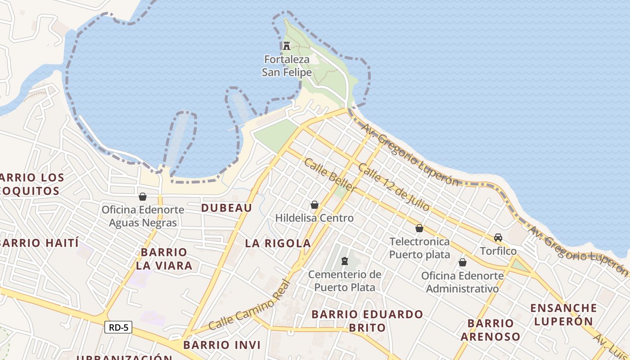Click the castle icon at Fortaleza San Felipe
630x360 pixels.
click(287, 45)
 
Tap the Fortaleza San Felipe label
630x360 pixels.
click(287, 66)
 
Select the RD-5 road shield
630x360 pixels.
click(119, 327)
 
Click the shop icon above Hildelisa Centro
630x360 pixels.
click(315, 205)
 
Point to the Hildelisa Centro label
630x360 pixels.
click(315, 218)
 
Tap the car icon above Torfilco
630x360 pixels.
click(498, 238)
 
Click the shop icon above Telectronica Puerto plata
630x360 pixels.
click(419, 229)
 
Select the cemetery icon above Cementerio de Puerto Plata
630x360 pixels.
click(345, 261)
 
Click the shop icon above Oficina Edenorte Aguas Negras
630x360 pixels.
click(143, 197)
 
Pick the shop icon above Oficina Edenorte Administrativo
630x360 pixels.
click(462, 262)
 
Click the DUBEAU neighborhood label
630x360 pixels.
click(226, 207)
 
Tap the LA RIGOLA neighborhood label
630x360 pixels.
click(278, 243)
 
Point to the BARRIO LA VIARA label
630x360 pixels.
click(164, 259)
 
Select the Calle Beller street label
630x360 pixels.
click(330, 175)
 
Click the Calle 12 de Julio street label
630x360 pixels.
click(394, 187)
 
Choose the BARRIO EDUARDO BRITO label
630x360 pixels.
click(367, 320)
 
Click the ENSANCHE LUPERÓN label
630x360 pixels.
click(563, 315)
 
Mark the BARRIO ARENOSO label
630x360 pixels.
click(490, 329)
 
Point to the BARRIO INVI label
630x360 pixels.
click(222, 345)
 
